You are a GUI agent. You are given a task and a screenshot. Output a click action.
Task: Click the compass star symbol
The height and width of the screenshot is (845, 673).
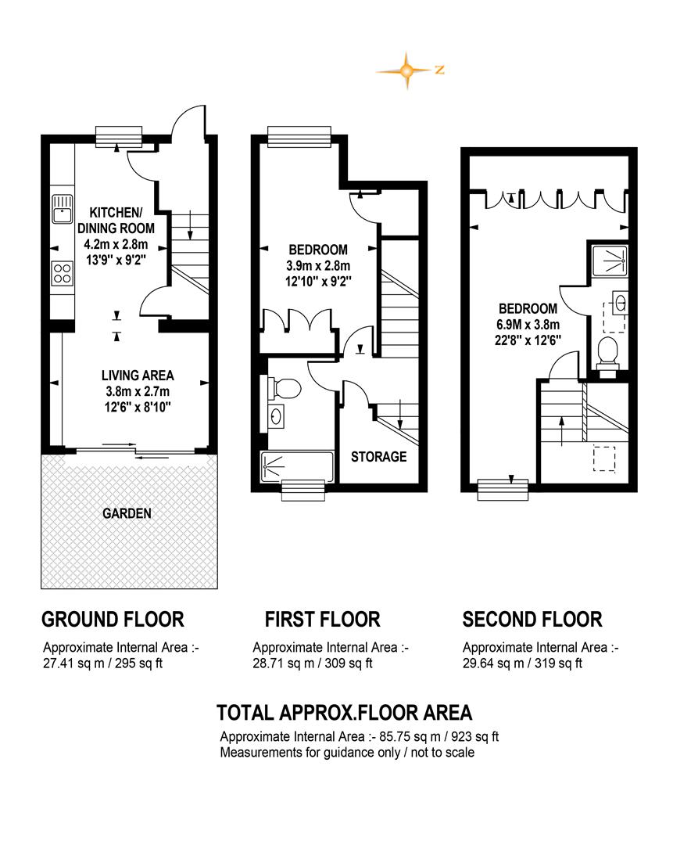pyautogui.click(x=407, y=70)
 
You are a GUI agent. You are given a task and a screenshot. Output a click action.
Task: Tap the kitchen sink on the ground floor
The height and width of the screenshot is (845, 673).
pyautogui.click(x=62, y=209)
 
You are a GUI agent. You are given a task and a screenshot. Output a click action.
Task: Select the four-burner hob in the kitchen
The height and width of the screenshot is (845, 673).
pyautogui.click(x=62, y=273)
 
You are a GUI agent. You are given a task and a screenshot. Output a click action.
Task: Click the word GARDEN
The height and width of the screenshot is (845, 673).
pyautogui.click(x=127, y=513)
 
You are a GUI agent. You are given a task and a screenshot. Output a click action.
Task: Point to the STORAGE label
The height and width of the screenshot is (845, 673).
pyautogui.click(x=378, y=457)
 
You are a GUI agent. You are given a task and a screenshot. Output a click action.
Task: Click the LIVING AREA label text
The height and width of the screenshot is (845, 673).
pyautogui.click(x=138, y=375)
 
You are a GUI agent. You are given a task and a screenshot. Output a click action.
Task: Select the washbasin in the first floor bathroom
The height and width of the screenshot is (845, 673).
pyautogui.click(x=277, y=416)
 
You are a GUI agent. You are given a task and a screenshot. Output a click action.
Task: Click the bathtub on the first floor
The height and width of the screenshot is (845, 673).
pyautogui.click(x=297, y=466)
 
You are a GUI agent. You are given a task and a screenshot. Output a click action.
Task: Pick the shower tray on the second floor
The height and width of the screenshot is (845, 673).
pyautogui.click(x=610, y=261)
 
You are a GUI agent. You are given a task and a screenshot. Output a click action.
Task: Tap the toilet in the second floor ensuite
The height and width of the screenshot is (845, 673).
pyautogui.click(x=608, y=354)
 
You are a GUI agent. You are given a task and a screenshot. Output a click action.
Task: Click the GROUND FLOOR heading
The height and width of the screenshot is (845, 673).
pyautogui.click(x=113, y=619)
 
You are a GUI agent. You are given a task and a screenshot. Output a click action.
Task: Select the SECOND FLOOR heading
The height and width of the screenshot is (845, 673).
pyautogui.click(x=532, y=619)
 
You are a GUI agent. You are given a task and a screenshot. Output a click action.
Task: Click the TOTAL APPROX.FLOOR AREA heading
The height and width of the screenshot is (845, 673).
pyautogui.click(x=345, y=713)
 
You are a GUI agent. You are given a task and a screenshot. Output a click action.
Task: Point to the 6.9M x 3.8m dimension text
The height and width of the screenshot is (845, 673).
pyautogui.click(x=528, y=325)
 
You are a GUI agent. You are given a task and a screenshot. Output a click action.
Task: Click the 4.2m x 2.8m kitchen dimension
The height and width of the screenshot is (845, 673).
pyautogui.click(x=116, y=244)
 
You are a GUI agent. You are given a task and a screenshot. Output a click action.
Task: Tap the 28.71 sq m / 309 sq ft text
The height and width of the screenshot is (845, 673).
pyautogui.click(x=313, y=663)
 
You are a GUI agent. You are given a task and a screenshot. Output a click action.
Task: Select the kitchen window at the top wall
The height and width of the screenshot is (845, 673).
pyautogui.click(x=119, y=136)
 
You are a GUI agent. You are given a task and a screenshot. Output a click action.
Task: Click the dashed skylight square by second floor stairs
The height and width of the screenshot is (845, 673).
pyautogui.click(x=604, y=458)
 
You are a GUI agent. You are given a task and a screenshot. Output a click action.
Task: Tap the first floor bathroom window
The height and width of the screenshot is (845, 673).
pyautogui.click(x=303, y=490)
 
